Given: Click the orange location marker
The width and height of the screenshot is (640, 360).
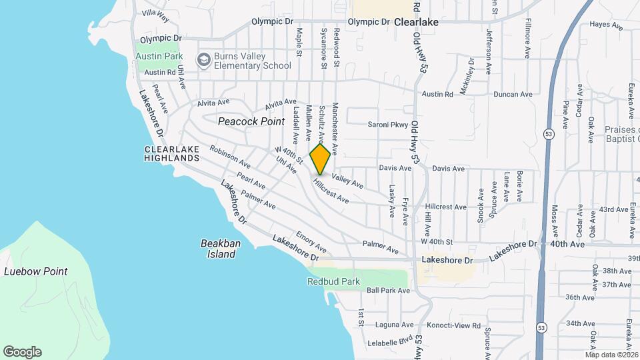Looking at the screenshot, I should pyautogui.click(x=321, y=159).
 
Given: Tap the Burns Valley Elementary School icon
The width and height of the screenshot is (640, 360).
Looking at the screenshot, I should pyautogui.click(x=203, y=61).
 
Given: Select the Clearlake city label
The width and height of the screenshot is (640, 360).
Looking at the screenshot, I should pyautogui.click(x=416, y=22).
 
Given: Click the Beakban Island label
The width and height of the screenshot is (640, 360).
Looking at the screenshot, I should pyautogui.click(x=221, y=249).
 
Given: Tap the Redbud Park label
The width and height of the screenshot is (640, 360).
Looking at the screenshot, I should pyautogui.click(x=333, y=281).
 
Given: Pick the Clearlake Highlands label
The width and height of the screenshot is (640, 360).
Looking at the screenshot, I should pyautogui.click(x=172, y=153).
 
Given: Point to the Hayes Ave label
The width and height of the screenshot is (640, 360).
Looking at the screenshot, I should pyautogui.click(x=605, y=25).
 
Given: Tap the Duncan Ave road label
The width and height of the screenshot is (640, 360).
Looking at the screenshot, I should pyautogui.click(x=513, y=95).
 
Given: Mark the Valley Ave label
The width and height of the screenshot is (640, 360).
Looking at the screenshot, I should pyautogui.click(x=347, y=179).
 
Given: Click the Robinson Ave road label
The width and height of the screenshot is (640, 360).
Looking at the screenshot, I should pyautogui.click(x=230, y=156).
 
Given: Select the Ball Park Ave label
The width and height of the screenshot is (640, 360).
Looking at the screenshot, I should pyautogui.click(x=388, y=291).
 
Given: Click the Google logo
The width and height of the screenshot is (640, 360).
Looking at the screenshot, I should pyautogui.click(x=22, y=352).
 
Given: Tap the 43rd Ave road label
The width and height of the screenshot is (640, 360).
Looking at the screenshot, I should pyautogui.click(x=613, y=209).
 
